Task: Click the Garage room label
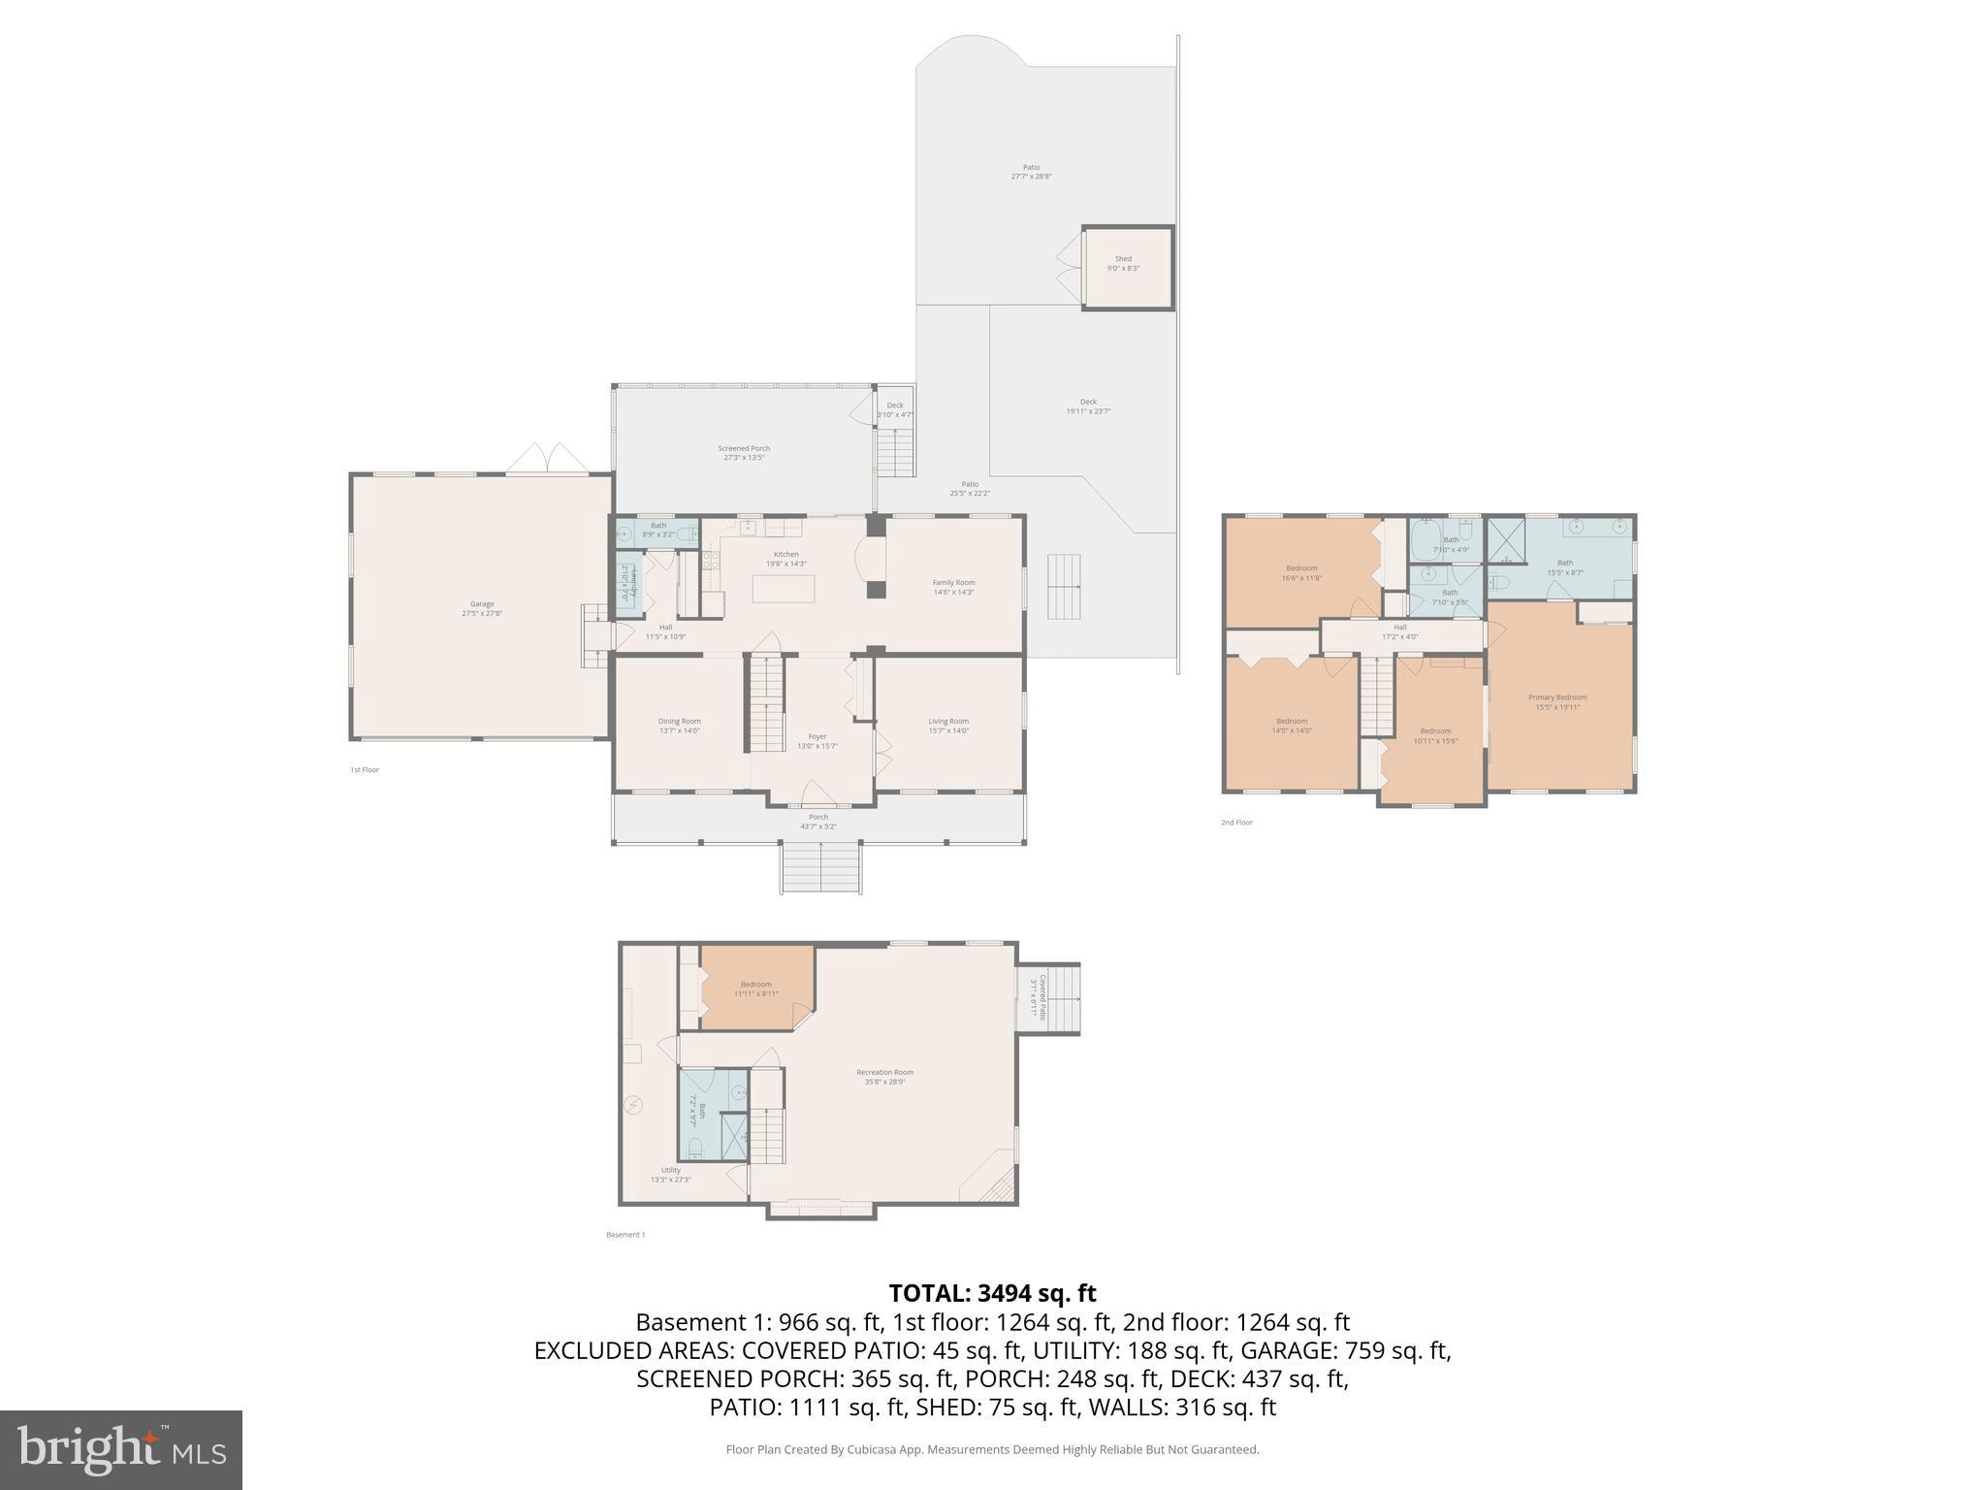click(x=482, y=608)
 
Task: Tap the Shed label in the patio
click(x=1123, y=263)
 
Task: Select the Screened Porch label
click(x=744, y=452)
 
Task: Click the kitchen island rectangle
click(x=784, y=589)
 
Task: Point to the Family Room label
click(x=954, y=587)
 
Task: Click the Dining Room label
click(x=679, y=726)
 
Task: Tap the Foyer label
click(x=817, y=741)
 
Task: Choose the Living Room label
click(x=948, y=726)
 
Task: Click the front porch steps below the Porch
click(x=821, y=868)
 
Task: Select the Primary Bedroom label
click(x=1557, y=701)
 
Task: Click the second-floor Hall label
click(x=1400, y=632)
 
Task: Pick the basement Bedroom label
click(x=756, y=988)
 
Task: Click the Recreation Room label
click(x=884, y=1077)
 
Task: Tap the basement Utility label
click(x=670, y=1175)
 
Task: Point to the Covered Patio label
click(x=1039, y=994)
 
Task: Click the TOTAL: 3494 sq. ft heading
click(x=992, y=1293)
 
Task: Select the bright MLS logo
click(x=121, y=1449)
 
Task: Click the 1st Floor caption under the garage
click(x=365, y=770)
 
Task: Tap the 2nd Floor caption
click(x=1236, y=823)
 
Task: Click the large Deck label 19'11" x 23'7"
click(x=1088, y=406)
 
